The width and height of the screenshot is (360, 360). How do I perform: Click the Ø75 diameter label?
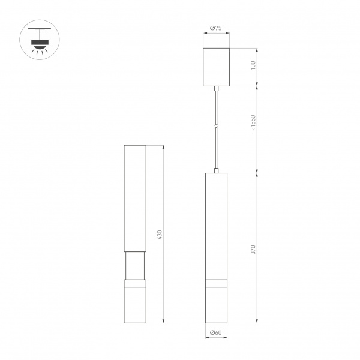click(216, 27)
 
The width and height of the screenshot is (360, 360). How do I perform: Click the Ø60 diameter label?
click(215, 332)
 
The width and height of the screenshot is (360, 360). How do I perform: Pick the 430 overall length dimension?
click(160, 235)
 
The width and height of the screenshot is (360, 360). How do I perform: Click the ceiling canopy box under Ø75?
click(216, 67)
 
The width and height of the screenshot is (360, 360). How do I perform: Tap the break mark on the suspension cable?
click(216, 127)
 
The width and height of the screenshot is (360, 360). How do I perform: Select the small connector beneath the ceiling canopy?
click(216, 89)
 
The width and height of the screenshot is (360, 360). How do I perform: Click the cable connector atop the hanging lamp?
click(216, 170)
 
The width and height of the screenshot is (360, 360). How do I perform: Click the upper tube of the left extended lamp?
click(134, 198)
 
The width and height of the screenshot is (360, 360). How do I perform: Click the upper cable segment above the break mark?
click(216, 108)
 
